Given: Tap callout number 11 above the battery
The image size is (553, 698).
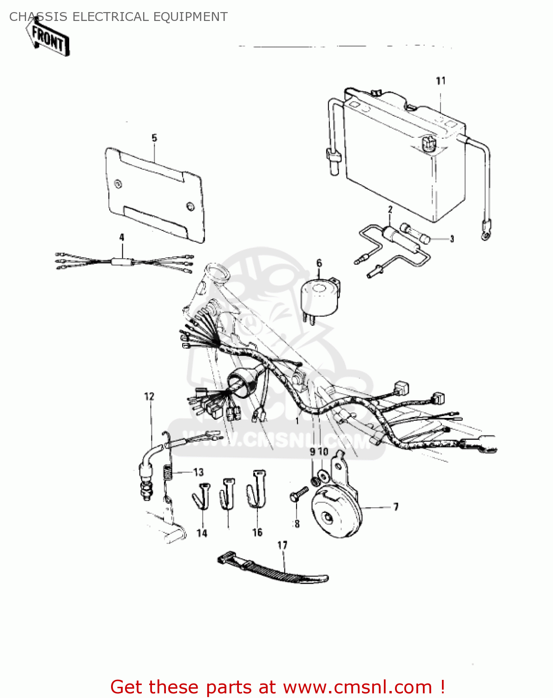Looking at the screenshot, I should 441,81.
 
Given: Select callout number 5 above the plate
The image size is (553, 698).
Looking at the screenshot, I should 154,138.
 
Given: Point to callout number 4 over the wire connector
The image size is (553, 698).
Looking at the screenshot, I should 122,237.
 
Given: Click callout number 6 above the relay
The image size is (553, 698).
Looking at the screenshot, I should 319,263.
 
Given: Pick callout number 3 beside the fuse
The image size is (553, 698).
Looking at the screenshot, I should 452,239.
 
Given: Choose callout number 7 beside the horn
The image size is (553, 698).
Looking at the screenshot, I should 396,507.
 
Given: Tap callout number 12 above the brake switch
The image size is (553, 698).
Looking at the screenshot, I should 149,396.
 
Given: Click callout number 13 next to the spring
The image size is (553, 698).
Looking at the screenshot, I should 198,472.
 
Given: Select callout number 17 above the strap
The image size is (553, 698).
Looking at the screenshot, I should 283,545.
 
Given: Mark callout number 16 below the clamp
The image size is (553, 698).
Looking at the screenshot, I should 257,533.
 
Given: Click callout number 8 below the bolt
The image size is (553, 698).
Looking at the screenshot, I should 297,524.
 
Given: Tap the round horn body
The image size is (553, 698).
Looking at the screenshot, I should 335,512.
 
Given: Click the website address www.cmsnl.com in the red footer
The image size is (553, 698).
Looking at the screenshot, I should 357,687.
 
